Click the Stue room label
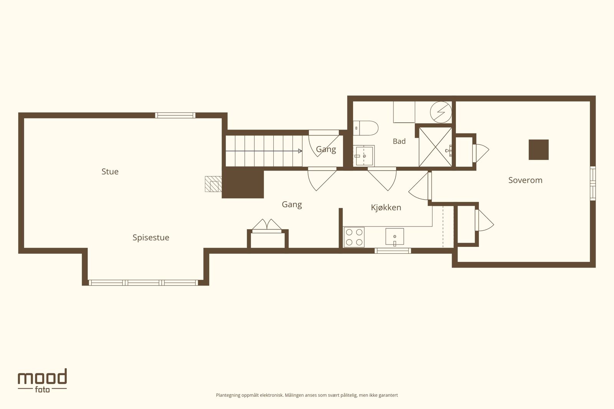[x=110, y=172]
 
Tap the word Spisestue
[x=151, y=238]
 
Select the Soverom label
[x=525, y=180]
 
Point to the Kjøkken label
[x=386, y=207]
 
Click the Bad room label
[x=399, y=141]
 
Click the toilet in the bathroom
[x=366, y=128]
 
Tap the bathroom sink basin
[x=364, y=156]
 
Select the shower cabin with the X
[x=435, y=147]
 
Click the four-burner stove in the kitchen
[x=354, y=237]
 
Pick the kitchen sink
[x=395, y=237]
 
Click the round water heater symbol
[x=441, y=112]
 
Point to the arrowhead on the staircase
[x=300, y=151]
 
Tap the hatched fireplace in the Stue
[x=213, y=184]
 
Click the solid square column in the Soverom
[x=539, y=150]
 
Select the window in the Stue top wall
[x=175, y=115]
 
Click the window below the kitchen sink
[x=393, y=251]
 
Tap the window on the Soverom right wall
[x=593, y=183]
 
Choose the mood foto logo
[x=43, y=381]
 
